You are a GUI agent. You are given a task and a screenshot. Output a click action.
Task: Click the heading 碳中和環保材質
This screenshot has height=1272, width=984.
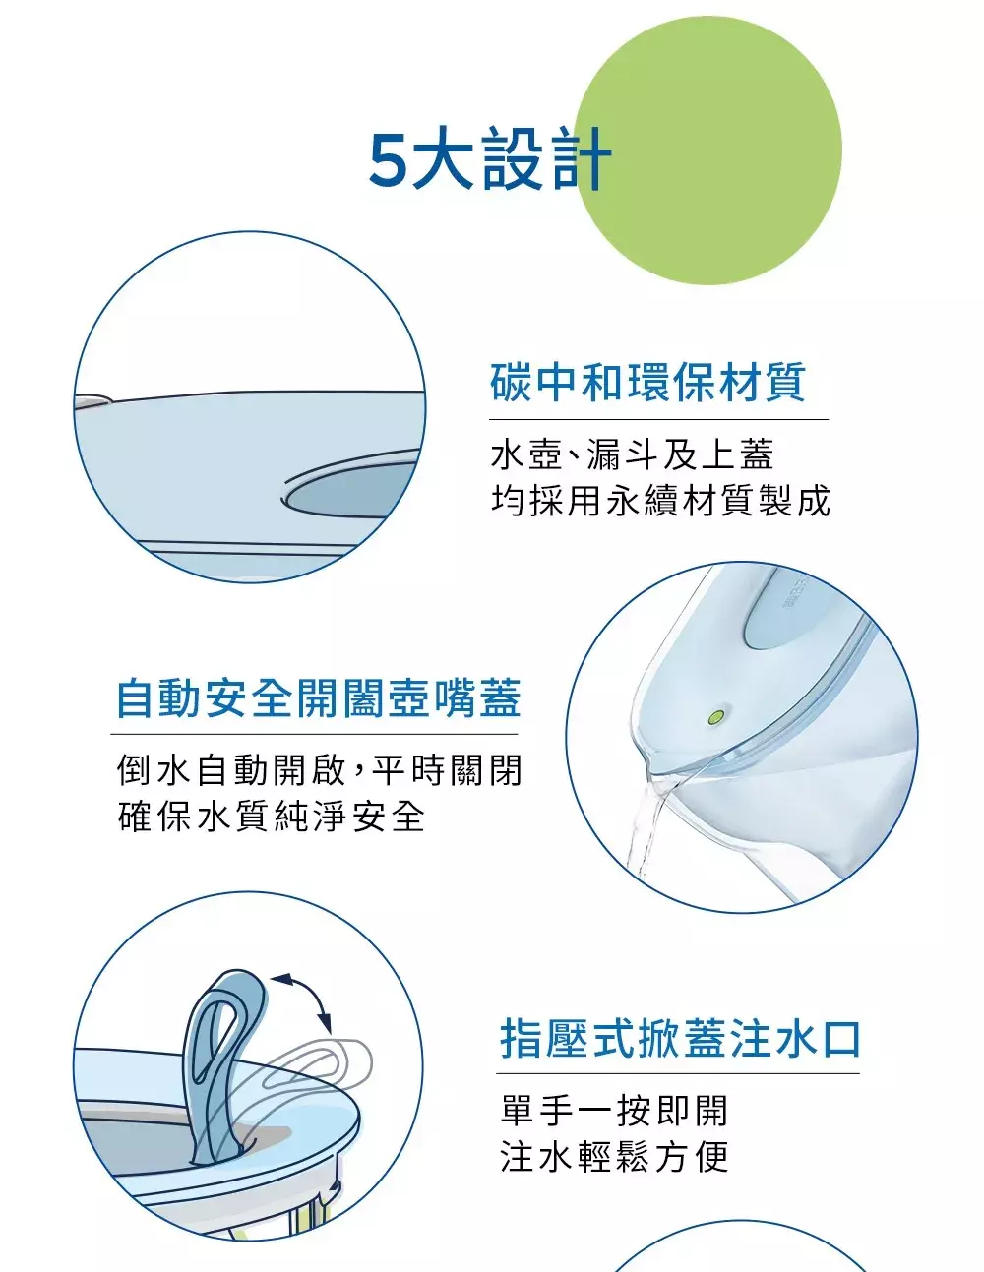pyautogui.click(x=648, y=382)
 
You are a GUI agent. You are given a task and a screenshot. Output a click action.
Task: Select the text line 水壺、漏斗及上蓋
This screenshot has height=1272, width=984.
pyautogui.click(x=632, y=454)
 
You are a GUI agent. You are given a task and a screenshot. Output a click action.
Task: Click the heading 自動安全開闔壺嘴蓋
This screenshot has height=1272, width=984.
pyautogui.click(x=319, y=697)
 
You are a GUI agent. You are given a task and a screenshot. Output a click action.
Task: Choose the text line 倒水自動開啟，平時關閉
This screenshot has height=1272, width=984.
pyautogui.click(x=319, y=770)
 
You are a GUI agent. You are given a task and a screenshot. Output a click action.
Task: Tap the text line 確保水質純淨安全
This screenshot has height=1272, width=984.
pyautogui.click(x=271, y=816)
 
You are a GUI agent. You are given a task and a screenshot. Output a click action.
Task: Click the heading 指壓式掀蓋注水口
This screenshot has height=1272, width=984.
pyautogui.click(x=680, y=1039)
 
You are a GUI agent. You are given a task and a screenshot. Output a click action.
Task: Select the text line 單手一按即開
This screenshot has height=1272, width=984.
pyautogui.click(x=614, y=1111)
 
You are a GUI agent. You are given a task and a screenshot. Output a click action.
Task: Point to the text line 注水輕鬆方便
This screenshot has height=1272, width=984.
pyautogui.click(x=614, y=1157)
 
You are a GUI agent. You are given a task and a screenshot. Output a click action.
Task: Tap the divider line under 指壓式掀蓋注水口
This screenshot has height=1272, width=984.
pyautogui.click(x=678, y=1074)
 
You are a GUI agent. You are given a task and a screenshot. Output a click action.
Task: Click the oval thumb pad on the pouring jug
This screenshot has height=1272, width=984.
pyautogui.click(x=784, y=612)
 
